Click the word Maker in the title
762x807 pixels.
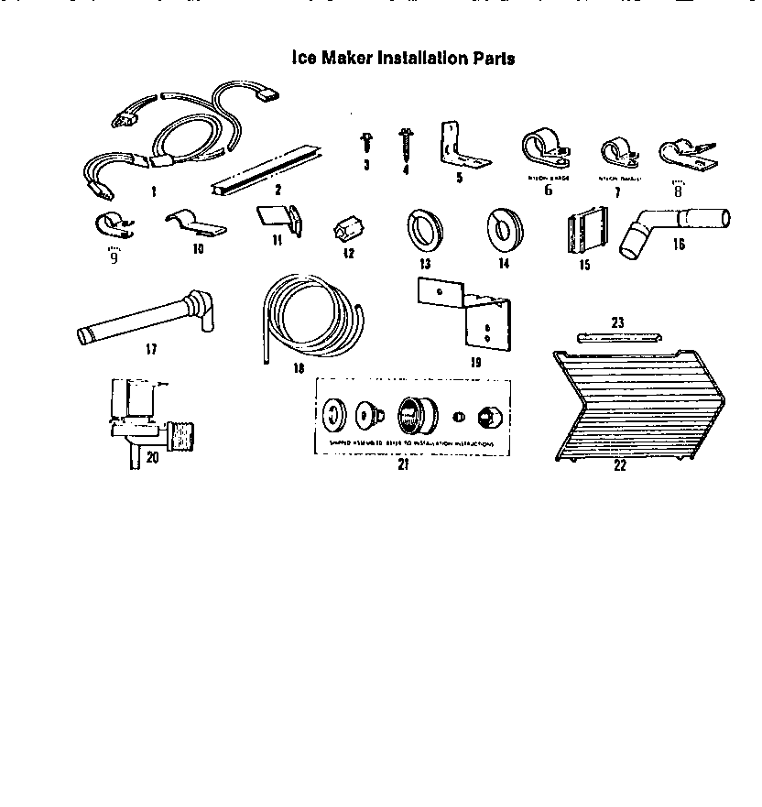(349, 58)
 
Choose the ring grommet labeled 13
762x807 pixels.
(423, 228)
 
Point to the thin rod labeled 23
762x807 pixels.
(617, 336)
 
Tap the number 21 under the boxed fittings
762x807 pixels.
(402, 463)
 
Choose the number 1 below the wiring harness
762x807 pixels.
(153, 192)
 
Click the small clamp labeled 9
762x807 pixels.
(113, 225)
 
